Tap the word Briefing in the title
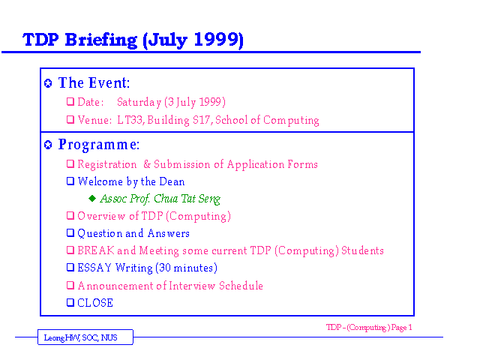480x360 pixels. pyautogui.click(x=101, y=40)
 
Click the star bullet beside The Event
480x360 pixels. pyautogui.click(x=48, y=83)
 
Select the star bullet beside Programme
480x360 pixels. pyautogui.click(x=48, y=145)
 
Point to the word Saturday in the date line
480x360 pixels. pyautogui.click(x=139, y=102)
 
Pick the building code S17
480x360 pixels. pyautogui.click(x=202, y=120)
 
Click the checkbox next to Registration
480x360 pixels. pyautogui.click(x=70, y=163)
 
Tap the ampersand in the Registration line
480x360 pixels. pyautogui.click(x=147, y=164)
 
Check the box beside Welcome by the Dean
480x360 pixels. pyautogui.click(x=70, y=181)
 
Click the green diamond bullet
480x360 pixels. pyautogui.click(x=92, y=198)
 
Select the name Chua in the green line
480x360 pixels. pyautogui.click(x=166, y=199)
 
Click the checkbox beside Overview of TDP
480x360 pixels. pyautogui.click(x=70, y=216)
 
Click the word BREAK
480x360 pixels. pyautogui.click(x=96, y=250)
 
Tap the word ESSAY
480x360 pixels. pyautogui.click(x=94, y=268)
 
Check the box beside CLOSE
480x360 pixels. pyautogui.click(x=70, y=302)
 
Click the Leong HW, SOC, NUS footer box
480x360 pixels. pyautogui.click(x=85, y=337)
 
